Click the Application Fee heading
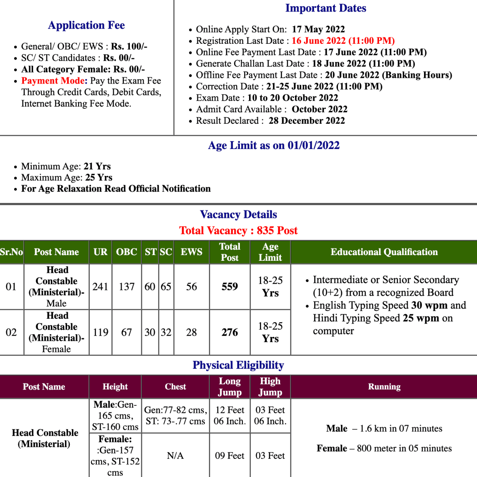coord(86,25)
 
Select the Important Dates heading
coord(326,8)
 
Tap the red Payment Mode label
coord(53,81)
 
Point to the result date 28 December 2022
coord(307,121)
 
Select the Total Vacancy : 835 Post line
coord(238,231)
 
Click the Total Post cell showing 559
coord(230,286)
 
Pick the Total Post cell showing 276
coord(230,332)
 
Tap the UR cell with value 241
coord(100,286)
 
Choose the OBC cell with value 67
coord(126,332)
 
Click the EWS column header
coord(191,252)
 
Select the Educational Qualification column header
coord(384,252)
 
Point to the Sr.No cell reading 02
coord(11,332)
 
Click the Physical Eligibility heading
coord(238,365)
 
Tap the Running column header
coord(384,387)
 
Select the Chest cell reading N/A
coord(175,456)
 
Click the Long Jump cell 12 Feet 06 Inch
coord(230,416)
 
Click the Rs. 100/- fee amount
coord(129,46)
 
